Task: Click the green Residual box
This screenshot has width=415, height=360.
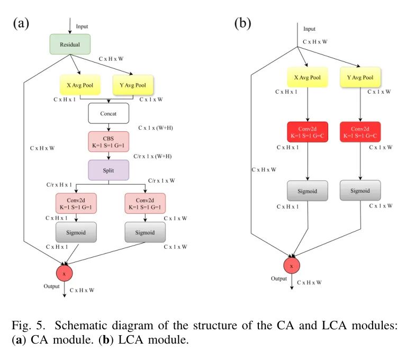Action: point(70,44)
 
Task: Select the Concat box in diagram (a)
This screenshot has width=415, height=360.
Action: point(109,113)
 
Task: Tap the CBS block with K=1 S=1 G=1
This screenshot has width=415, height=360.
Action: point(109,141)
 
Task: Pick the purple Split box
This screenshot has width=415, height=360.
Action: point(109,170)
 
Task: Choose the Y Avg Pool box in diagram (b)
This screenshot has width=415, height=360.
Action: point(361,77)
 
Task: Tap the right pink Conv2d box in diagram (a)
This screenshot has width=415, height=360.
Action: point(145,203)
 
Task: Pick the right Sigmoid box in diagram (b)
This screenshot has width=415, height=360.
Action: point(360,190)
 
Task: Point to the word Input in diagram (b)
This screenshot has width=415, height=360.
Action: point(310,29)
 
